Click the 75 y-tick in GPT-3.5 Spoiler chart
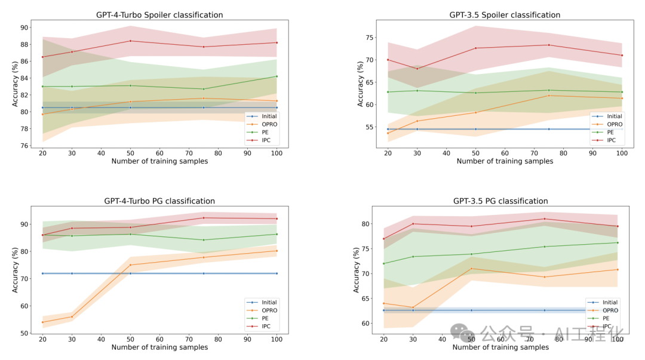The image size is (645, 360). pos(370,38)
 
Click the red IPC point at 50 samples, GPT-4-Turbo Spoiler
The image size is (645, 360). pos(131,41)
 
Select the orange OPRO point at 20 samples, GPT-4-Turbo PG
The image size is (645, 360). pos(42,322)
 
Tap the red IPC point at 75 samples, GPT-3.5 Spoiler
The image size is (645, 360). pos(549,45)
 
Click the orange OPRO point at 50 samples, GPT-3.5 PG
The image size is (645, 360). pos(472,269)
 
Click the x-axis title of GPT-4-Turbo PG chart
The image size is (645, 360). pos(159,347)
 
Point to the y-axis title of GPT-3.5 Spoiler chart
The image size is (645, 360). pos(360,84)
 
